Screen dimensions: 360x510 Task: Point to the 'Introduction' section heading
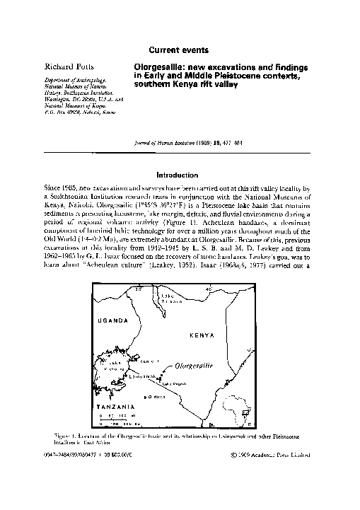(180, 174)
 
